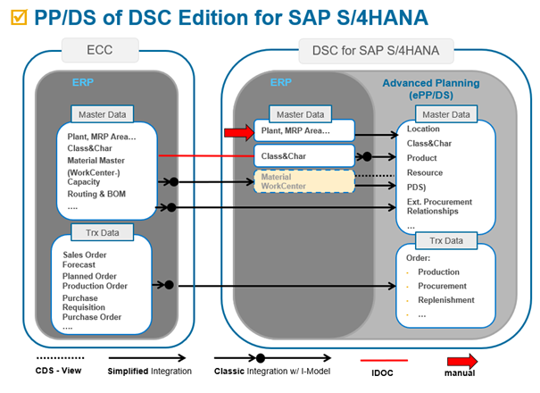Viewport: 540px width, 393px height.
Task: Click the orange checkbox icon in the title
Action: pyautogui.click(x=17, y=17)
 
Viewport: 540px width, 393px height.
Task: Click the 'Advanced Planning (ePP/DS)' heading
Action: pyautogui.click(x=432, y=90)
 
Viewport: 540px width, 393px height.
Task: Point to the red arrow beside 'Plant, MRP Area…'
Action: pyautogui.click(x=237, y=132)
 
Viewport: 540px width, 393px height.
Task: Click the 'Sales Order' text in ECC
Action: pyautogui.click(x=85, y=255)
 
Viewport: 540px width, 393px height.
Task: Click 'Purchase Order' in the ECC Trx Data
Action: pyautogui.click(x=92, y=316)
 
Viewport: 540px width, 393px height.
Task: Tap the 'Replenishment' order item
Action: pyautogui.click(x=446, y=300)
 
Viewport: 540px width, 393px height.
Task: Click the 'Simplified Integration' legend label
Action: pyautogui.click(x=149, y=370)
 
